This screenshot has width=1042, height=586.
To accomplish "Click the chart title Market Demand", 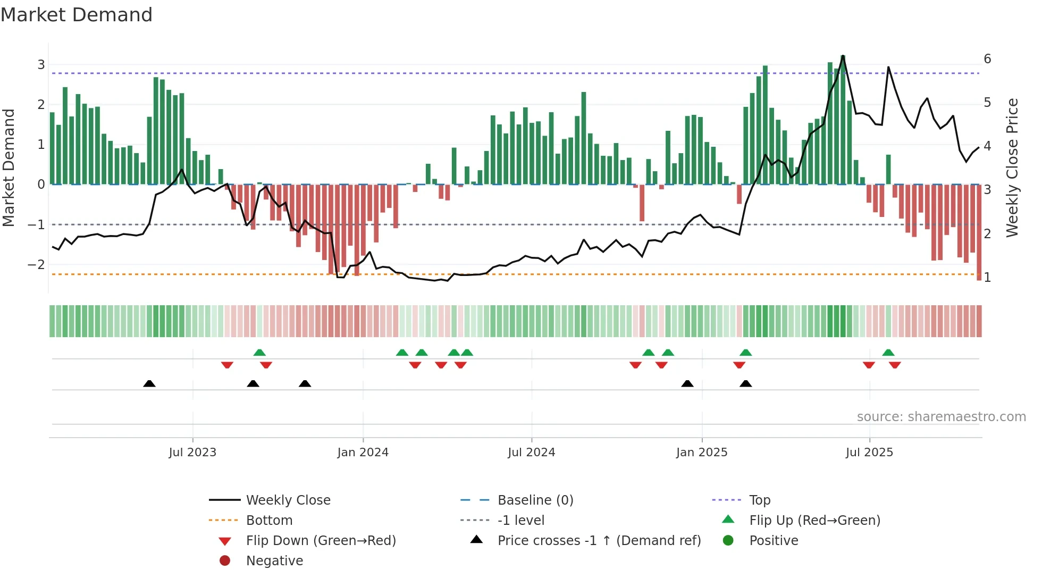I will pyautogui.click(x=77, y=15).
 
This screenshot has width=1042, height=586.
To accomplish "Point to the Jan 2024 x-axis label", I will pyautogui.click(x=363, y=453).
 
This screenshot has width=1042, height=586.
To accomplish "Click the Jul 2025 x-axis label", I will pyautogui.click(x=869, y=453).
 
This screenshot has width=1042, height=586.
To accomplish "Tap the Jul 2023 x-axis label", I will pyautogui.click(x=192, y=453).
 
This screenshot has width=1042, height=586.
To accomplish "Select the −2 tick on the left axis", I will pyautogui.click(x=36, y=265).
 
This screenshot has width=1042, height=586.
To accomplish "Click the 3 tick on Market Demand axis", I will pyautogui.click(x=41, y=65).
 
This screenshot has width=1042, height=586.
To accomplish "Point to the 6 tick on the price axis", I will pyautogui.click(x=987, y=59).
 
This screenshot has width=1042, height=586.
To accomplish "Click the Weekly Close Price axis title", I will pyautogui.click(x=1012, y=168).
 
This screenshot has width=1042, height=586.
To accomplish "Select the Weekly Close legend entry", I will pyautogui.click(x=288, y=500).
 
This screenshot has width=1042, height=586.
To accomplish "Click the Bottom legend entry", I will pyautogui.click(x=269, y=521).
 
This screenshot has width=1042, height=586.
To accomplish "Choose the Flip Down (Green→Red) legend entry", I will pyautogui.click(x=321, y=541).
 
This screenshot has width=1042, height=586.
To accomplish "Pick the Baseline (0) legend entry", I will pyautogui.click(x=535, y=500).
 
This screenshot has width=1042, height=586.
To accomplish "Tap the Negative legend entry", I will pyautogui.click(x=274, y=561).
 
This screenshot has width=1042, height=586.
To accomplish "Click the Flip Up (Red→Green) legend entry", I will pyautogui.click(x=814, y=521).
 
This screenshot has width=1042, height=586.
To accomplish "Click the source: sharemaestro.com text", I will pyautogui.click(x=941, y=417).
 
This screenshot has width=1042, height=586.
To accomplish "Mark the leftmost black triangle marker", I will pyautogui.click(x=149, y=384).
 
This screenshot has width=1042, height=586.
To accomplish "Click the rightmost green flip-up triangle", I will pyautogui.click(x=888, y=353).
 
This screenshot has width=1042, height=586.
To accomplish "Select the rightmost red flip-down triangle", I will pyautogui.click(x=895, y=365).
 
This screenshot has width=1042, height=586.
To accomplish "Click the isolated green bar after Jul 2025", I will pyautogui.click(x=888, y=169).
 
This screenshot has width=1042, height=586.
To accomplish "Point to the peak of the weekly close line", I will pyautogui.click(x=843, y=56).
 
